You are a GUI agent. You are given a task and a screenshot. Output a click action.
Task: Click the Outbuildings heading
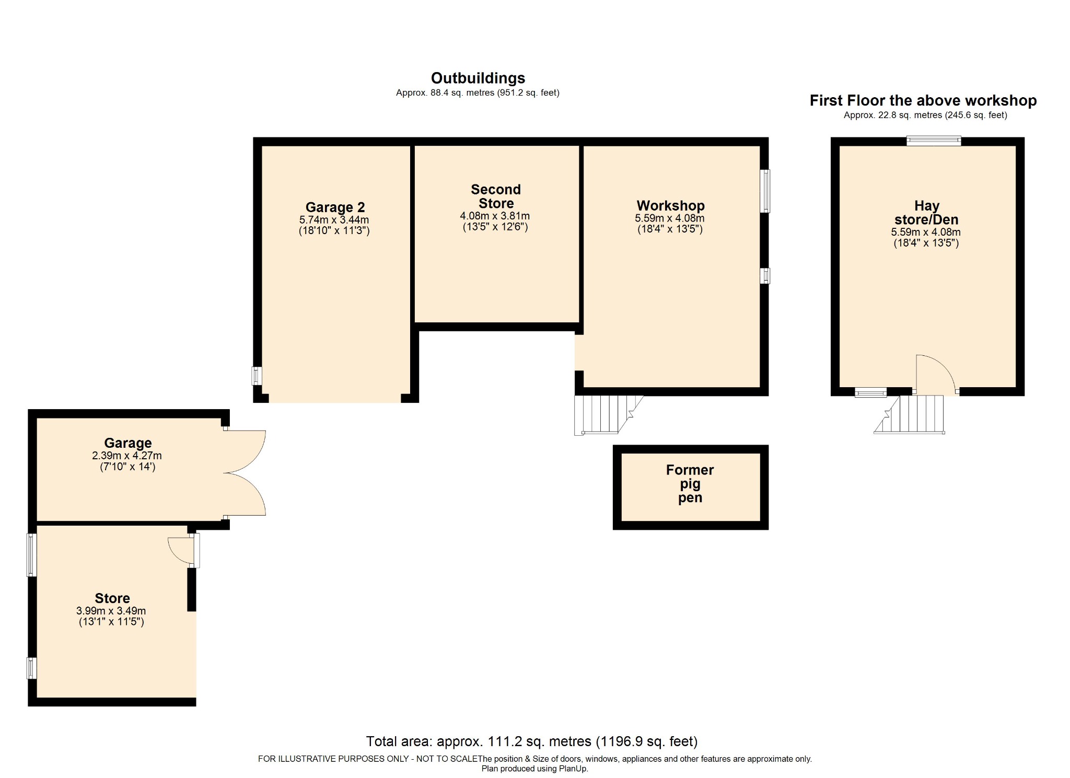478,78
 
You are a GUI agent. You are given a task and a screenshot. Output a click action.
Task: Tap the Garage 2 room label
335,207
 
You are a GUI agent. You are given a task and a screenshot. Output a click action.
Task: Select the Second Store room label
496,196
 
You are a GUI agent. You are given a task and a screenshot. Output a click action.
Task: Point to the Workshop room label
670,206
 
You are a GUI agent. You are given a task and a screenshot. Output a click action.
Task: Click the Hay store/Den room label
926,213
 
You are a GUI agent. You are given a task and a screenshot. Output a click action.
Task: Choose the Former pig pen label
690,484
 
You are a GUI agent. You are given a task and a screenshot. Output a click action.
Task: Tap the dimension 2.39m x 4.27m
127,456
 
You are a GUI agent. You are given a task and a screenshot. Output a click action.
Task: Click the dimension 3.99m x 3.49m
111,611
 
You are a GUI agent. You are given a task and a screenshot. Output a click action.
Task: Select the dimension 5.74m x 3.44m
334,220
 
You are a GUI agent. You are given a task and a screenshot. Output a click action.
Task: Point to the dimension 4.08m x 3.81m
495,216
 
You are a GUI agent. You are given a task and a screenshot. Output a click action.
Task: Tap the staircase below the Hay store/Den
910,414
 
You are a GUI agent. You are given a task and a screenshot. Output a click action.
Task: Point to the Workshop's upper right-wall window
765,191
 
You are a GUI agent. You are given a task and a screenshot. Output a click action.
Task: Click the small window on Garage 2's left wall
257,376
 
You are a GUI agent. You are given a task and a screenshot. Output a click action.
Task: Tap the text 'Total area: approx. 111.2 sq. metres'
479,741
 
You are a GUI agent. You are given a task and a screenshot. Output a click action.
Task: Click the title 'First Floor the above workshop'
923,101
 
